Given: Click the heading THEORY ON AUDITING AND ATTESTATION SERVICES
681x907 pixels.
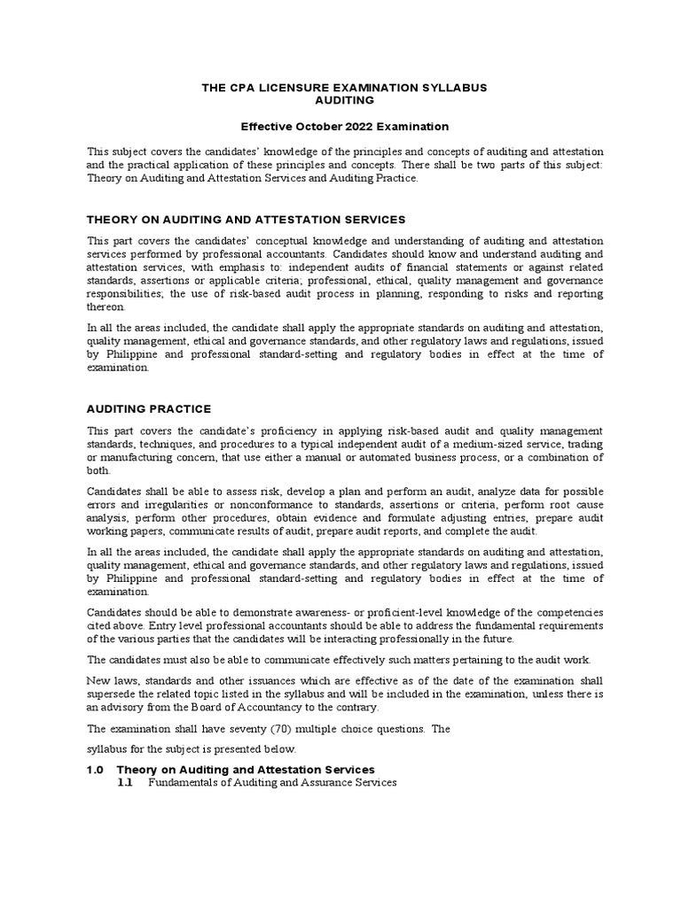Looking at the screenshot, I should (246, 219).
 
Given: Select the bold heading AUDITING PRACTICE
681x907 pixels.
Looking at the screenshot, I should (149, 408).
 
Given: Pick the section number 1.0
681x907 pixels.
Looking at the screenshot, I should (96, 769).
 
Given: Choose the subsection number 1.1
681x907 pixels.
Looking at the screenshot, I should (125, 783).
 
